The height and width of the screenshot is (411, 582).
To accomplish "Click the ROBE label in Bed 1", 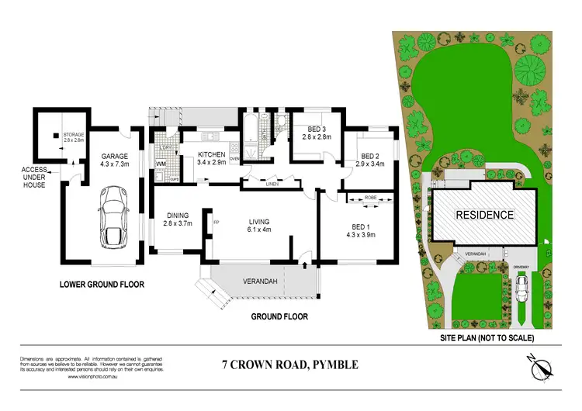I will [371, 199].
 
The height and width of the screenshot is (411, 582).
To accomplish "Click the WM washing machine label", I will [161, 164].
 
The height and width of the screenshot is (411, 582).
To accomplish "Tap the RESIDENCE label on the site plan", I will [483, 215].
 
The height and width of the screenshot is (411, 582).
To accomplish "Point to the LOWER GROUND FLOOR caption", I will [102, 285].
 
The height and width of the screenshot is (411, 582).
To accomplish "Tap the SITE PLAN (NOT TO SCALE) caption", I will [487, 338].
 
